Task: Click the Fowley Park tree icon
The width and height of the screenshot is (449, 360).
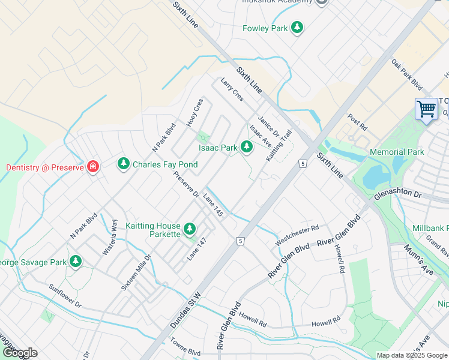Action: point(297,28)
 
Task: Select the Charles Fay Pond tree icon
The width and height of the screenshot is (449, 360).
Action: point(124,163)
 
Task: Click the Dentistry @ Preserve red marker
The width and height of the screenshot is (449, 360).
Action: point(92,167)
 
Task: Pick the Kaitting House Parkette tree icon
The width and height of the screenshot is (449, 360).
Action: point(190,229)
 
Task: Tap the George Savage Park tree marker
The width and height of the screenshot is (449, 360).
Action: point(76,262)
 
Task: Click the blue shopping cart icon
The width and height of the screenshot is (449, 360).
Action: point(426,109)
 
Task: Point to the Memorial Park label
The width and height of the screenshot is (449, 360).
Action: point(397,152)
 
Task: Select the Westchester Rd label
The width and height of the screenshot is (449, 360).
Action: point(297,235)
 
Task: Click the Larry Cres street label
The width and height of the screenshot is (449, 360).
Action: point(232,89)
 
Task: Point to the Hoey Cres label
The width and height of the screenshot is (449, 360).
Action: point(194,112)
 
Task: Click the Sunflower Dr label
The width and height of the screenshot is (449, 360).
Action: point(65,295)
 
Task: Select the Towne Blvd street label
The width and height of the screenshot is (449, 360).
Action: point(185,351)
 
